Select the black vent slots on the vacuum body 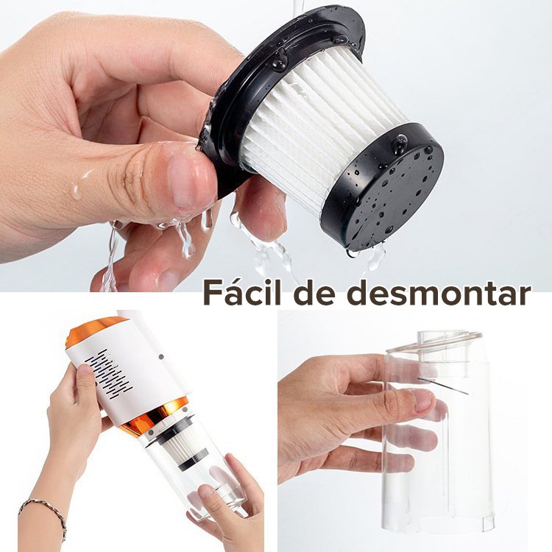[110, 374]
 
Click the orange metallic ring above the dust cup [155, 416]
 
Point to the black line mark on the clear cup [443, 386]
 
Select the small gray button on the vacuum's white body [161, 357]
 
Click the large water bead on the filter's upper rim [280, 59]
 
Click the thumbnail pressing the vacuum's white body [84, 370]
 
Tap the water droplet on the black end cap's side [400, 144]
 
